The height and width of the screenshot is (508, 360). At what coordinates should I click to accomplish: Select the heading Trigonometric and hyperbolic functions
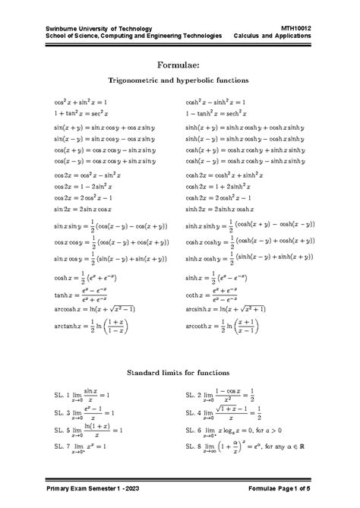point(180,79)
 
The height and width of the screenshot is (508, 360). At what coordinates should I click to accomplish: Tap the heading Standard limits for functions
point(180,374)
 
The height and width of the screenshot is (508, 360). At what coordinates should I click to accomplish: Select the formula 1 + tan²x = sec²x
point(80,112)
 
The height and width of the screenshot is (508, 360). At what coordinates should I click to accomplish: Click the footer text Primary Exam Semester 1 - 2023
point(90,486)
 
